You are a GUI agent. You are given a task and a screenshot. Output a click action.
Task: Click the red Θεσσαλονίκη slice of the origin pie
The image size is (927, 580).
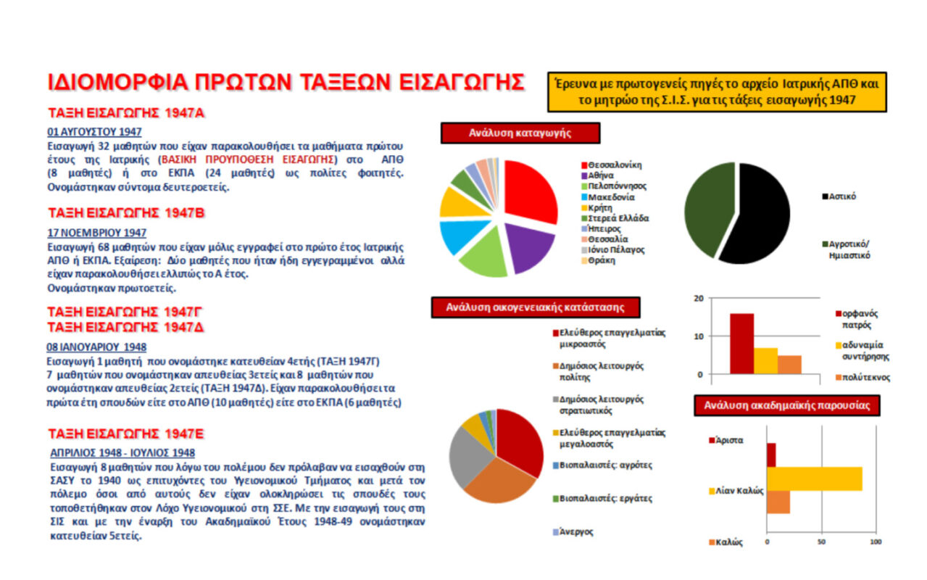530,191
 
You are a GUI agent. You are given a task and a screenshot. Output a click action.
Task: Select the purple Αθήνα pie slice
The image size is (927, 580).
528,246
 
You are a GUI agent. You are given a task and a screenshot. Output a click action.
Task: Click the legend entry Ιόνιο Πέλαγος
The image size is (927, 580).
613,250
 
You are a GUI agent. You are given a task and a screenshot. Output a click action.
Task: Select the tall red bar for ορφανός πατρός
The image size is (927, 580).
741,344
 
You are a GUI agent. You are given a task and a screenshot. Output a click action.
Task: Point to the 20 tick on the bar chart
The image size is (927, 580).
699,298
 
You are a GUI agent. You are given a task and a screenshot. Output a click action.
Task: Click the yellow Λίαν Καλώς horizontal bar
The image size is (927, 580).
815,479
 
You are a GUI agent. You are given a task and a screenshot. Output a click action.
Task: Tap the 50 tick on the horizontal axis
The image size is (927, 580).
821,542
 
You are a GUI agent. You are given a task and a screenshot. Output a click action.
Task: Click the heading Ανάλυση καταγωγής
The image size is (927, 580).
520,133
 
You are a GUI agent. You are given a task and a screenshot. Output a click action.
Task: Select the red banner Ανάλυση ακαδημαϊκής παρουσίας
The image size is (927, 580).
786,405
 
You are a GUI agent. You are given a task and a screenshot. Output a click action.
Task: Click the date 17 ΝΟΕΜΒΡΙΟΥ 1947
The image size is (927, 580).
96,233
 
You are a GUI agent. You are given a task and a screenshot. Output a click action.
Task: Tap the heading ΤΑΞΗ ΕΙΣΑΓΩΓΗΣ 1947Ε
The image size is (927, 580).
126,434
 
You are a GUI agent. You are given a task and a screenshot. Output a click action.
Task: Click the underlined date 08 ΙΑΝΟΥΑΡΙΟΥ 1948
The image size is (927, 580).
96,347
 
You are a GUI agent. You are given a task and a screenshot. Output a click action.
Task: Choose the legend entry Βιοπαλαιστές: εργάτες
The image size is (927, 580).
602,499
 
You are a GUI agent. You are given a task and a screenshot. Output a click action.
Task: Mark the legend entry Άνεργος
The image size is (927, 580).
573,532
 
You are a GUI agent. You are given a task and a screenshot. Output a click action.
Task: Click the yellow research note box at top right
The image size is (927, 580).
717,92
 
